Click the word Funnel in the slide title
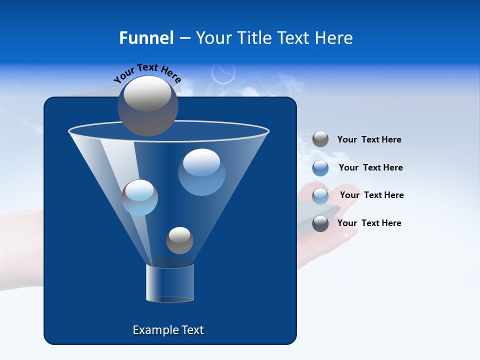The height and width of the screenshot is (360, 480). click(146, 38)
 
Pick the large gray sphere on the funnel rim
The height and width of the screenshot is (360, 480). click(147, 105)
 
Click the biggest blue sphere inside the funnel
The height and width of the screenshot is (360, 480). click(201, 171)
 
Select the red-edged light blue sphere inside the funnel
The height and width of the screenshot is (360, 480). click(139, 197)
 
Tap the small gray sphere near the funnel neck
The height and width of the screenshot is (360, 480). click(179, 240)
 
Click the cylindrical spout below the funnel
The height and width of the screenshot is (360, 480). click(169, 283)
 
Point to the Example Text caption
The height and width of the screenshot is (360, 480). click(168, 330)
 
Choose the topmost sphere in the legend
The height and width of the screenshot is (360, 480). click(320, 139)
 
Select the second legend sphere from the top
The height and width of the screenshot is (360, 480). click(320, 168)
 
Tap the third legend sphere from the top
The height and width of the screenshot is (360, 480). click(320, 196)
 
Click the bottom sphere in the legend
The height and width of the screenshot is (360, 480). click(320, 223)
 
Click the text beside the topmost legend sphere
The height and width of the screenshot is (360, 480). click(369, 140)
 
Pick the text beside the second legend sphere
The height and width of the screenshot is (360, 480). click(370, 167)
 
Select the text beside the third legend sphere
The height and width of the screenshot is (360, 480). click(371, 195)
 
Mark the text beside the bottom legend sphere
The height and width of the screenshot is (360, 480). click(369, 223)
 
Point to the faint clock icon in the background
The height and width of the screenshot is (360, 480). click(223, 73)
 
